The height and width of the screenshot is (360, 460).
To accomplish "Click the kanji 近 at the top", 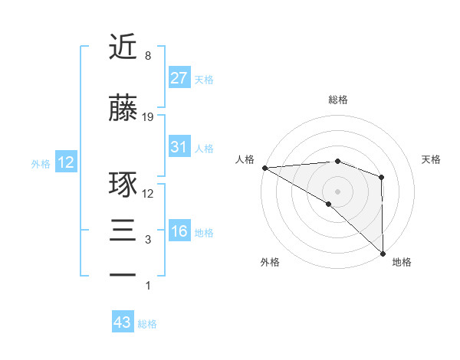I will [123, 47].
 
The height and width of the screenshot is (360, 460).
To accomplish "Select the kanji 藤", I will [123, 108].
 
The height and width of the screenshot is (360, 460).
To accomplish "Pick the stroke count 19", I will [149, 117].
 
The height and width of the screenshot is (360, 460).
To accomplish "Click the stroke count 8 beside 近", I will [147, 57].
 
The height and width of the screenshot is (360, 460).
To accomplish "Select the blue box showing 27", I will [179, 77].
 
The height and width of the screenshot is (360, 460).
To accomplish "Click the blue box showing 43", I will [123, 322].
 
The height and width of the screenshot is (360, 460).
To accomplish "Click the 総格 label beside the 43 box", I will [148, 324].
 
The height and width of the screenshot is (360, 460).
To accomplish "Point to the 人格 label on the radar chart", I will [245, 159].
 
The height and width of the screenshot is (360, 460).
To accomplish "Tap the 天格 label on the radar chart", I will [432, 159].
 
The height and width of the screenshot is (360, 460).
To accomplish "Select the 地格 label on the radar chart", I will [402, 262].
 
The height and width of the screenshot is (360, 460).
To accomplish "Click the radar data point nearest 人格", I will [264, 167].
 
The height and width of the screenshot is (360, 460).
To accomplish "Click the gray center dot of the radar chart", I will [337, 190].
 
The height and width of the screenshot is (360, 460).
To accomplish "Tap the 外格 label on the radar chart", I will [270, 262].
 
